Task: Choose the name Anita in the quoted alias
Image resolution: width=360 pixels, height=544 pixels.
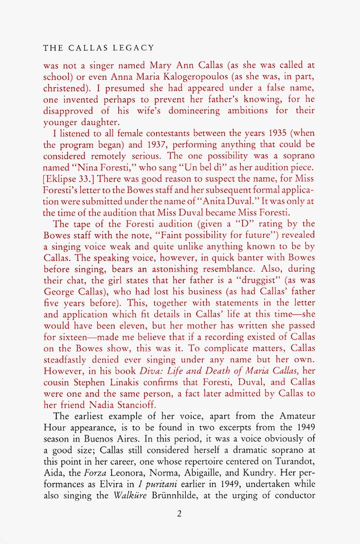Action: tap(222, 200)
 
